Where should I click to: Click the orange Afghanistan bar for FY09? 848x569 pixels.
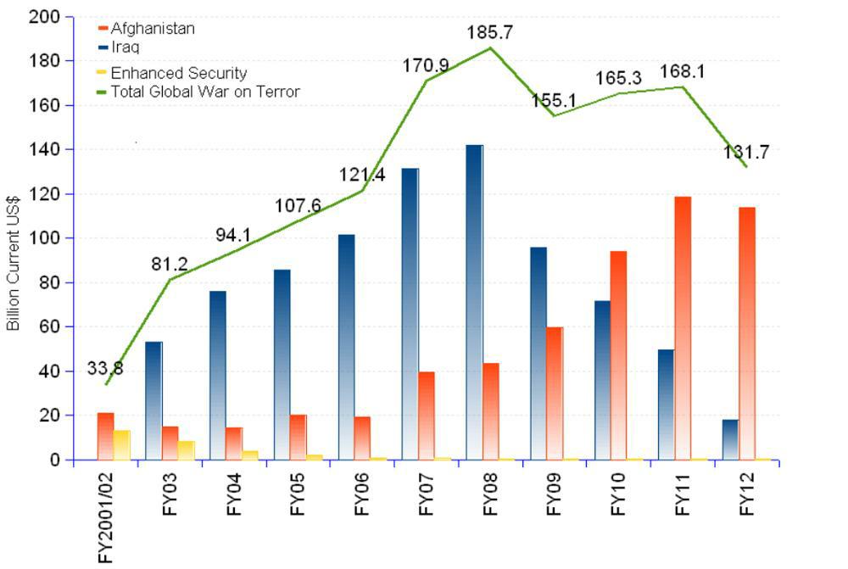point(555,393)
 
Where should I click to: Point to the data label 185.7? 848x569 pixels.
point(490,34)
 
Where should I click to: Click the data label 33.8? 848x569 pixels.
point(105,368)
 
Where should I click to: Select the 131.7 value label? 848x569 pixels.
point(745,153)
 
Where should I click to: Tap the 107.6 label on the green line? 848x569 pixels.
point(297,206)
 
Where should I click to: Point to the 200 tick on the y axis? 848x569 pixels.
point(44,17)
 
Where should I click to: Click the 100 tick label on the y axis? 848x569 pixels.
point(44,238)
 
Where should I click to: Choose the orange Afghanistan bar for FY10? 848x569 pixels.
point(618,354)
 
